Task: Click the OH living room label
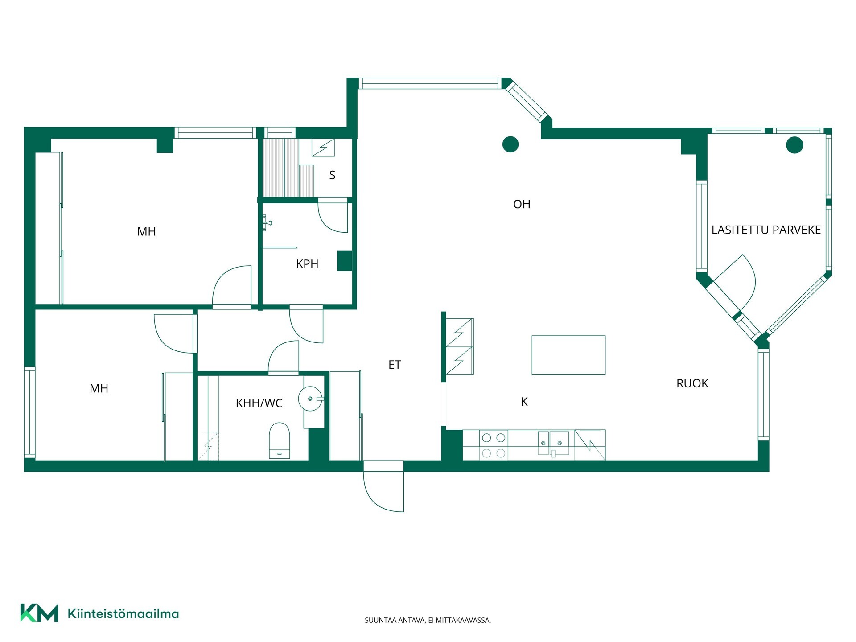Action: [522, 204]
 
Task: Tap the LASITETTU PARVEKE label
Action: [766, 230]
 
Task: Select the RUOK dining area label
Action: [692, 383]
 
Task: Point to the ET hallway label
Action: [395, 365]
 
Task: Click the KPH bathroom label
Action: [307, 264]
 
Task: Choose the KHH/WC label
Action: [259, 403]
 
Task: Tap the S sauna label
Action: [332, 175]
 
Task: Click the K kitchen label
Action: [524, 402]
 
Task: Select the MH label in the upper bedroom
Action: [146, 232]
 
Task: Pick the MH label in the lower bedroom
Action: [99, 388]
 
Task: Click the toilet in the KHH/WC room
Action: [280, 440]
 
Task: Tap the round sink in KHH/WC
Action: [310, 398]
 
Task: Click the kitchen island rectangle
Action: [568, 355]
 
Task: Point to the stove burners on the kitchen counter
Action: [494, 445]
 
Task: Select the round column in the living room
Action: [510, 144]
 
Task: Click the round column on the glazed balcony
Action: [794, 145]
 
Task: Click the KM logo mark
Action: [39, 613]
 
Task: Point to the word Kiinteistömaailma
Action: [123, 613]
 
